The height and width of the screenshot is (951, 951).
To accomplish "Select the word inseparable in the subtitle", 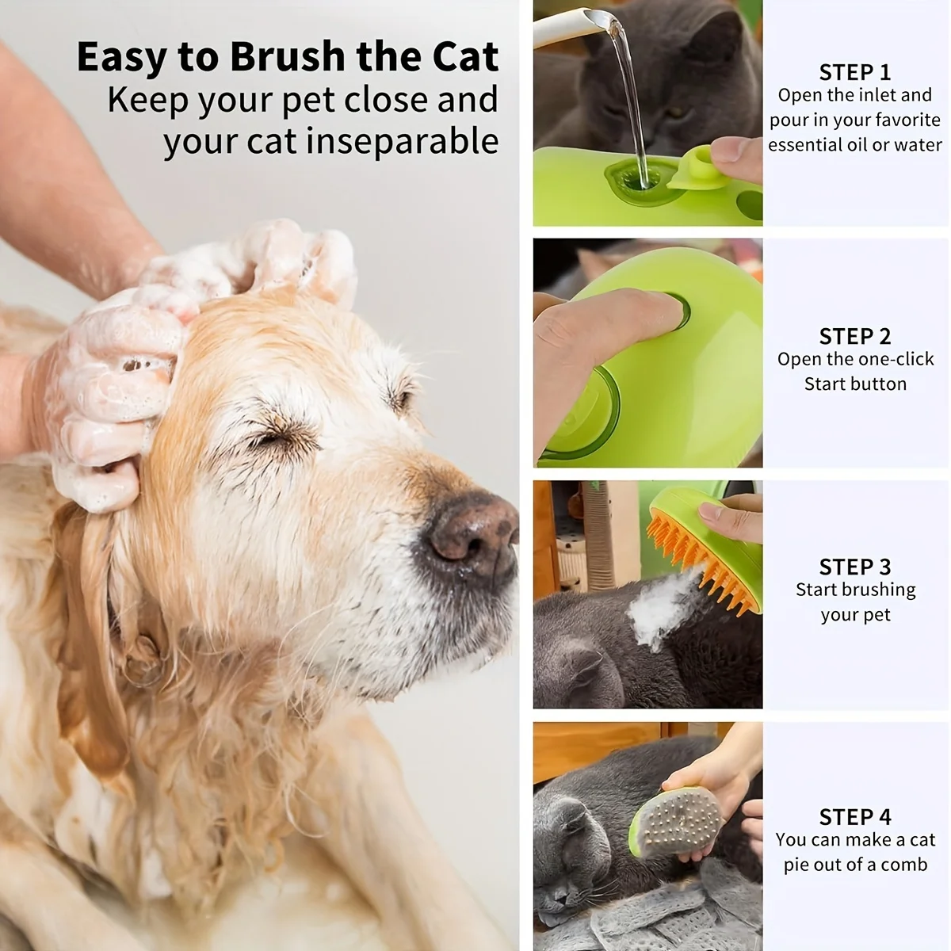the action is (x=402, y=142).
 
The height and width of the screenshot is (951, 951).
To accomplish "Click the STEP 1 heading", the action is (x=854, y=72).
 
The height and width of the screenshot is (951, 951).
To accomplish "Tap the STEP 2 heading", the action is (x=854, y=336).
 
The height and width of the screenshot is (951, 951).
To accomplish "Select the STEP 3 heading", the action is (x=854, y=567).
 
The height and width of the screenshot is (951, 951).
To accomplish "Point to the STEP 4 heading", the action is (x=854, y=816).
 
